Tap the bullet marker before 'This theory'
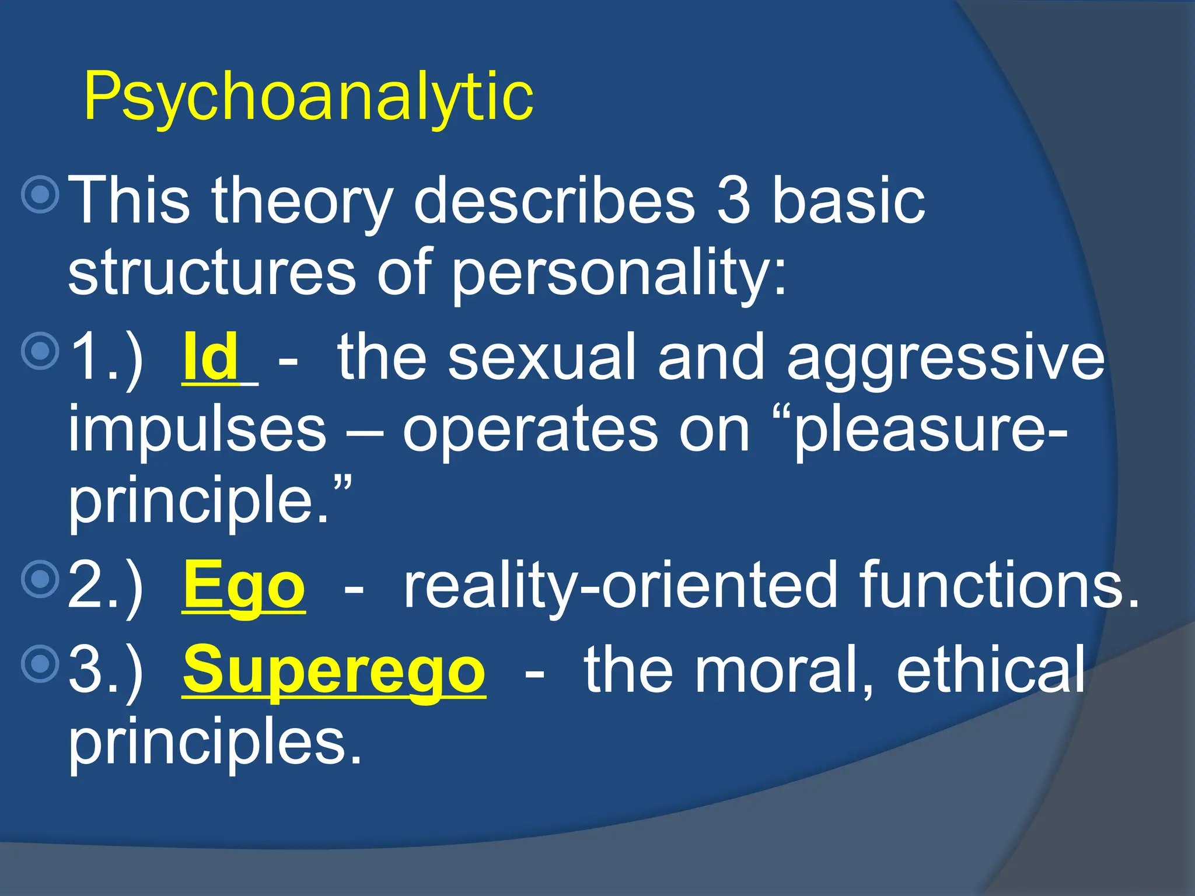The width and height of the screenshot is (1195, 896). [40, 194]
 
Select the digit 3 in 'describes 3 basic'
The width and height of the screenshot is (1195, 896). [733, 200]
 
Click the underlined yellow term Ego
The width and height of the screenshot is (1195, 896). [244, 585]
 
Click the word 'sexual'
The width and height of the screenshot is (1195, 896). [541, 357]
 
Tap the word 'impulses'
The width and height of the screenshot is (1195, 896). [197, 430]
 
